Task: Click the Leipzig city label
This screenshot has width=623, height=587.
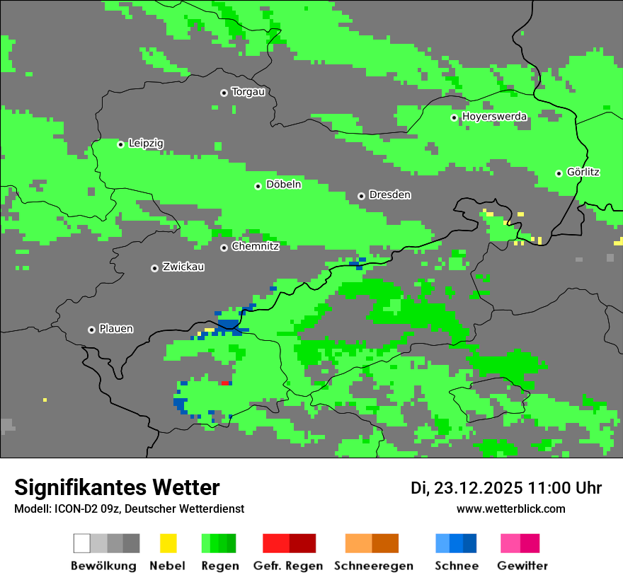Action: [x=146, y=144]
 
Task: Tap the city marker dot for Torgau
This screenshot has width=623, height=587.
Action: [x=224, y=93]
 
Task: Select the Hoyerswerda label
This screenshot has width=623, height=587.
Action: [x=494, y=117]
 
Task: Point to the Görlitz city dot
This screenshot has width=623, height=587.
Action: [x=559, y=173]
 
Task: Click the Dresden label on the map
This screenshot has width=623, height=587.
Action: [x=389, y=194]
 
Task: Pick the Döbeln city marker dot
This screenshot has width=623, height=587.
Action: [x=258, y=186]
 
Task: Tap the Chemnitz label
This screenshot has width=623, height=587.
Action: [x=255, y=247]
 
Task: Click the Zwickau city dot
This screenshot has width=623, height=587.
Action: [x=154, y=268]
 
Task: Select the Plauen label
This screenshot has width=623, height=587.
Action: [x=116, y=329]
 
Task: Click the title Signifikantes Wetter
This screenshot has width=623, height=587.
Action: [x=117, y=487]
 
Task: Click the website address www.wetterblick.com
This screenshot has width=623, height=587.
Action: [x=510, y=508]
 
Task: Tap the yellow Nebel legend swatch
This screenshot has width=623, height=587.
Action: [x=168, y=543]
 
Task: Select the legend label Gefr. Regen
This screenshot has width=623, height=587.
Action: [x=288, y=566]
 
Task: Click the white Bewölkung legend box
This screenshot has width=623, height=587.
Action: [x=81, y=543]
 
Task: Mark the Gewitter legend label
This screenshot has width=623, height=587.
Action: [x=522, y=566]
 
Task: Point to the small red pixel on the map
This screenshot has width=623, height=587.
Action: [x=225, y=383]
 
